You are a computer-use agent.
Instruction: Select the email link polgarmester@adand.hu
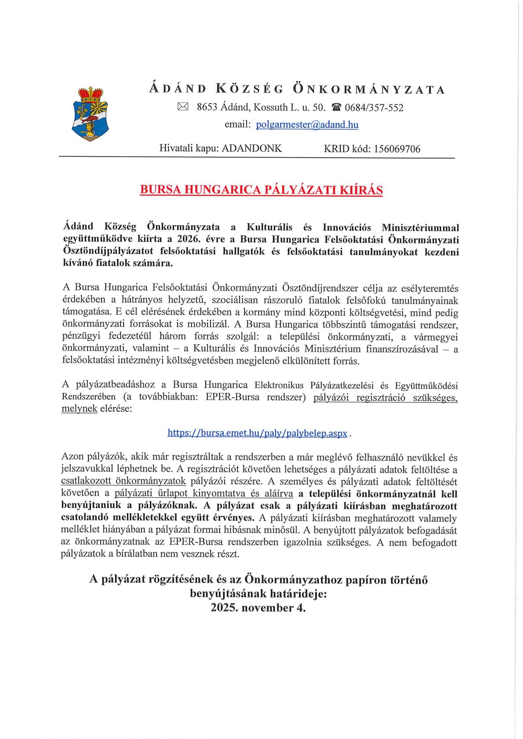307,125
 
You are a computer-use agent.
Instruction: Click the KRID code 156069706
397,149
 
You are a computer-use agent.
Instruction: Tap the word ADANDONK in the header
252,148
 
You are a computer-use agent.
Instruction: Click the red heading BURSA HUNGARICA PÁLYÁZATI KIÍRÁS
261,190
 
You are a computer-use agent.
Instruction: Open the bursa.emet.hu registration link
258,433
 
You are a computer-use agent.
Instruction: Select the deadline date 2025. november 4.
258,608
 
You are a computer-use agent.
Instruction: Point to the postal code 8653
207,107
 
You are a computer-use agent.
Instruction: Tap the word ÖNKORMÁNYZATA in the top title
368,90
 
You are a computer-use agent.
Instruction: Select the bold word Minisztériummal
420,227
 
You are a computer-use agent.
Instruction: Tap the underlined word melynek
79,408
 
